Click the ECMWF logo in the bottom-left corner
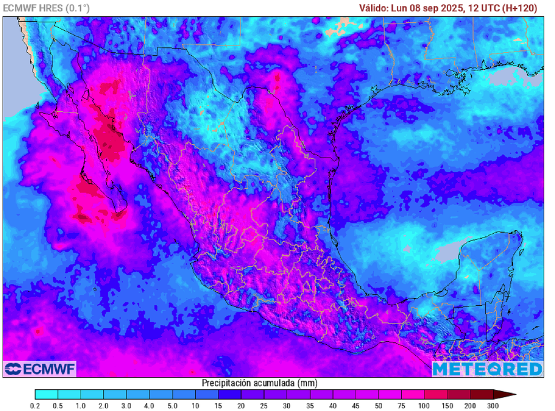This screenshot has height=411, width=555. (x=40, y=369)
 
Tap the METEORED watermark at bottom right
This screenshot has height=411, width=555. (x=487, y=369)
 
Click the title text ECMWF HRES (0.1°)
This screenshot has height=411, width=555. (x=47, y=8)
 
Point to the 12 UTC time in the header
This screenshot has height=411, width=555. (x=484, y=8)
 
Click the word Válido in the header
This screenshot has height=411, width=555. (x=373, y=8)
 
